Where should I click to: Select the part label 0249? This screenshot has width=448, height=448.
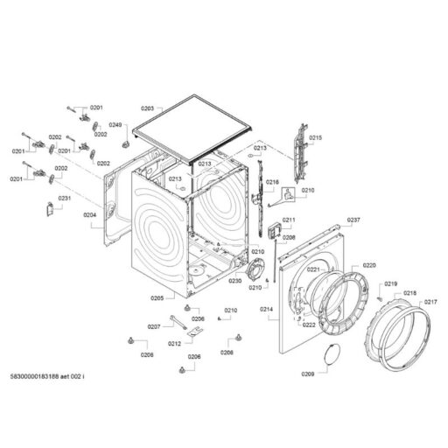tap(116, 125)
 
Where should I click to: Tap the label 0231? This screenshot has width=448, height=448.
tap(64, 198)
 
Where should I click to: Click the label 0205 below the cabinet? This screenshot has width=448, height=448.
tap(157, 298)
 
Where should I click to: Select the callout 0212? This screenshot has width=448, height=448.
tap(175, 344)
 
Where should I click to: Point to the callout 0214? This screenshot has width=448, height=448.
tap(266, 310)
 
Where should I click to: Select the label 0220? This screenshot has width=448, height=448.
tap(368, 265)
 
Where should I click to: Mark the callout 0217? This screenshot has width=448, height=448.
tap(430, 303)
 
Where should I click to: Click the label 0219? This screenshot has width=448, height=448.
tap(390, 284)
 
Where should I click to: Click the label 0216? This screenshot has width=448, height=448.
tap(272, 182)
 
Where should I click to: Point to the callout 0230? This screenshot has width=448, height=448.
tap(235, 281)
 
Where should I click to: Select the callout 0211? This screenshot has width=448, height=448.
tap(289, 220)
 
